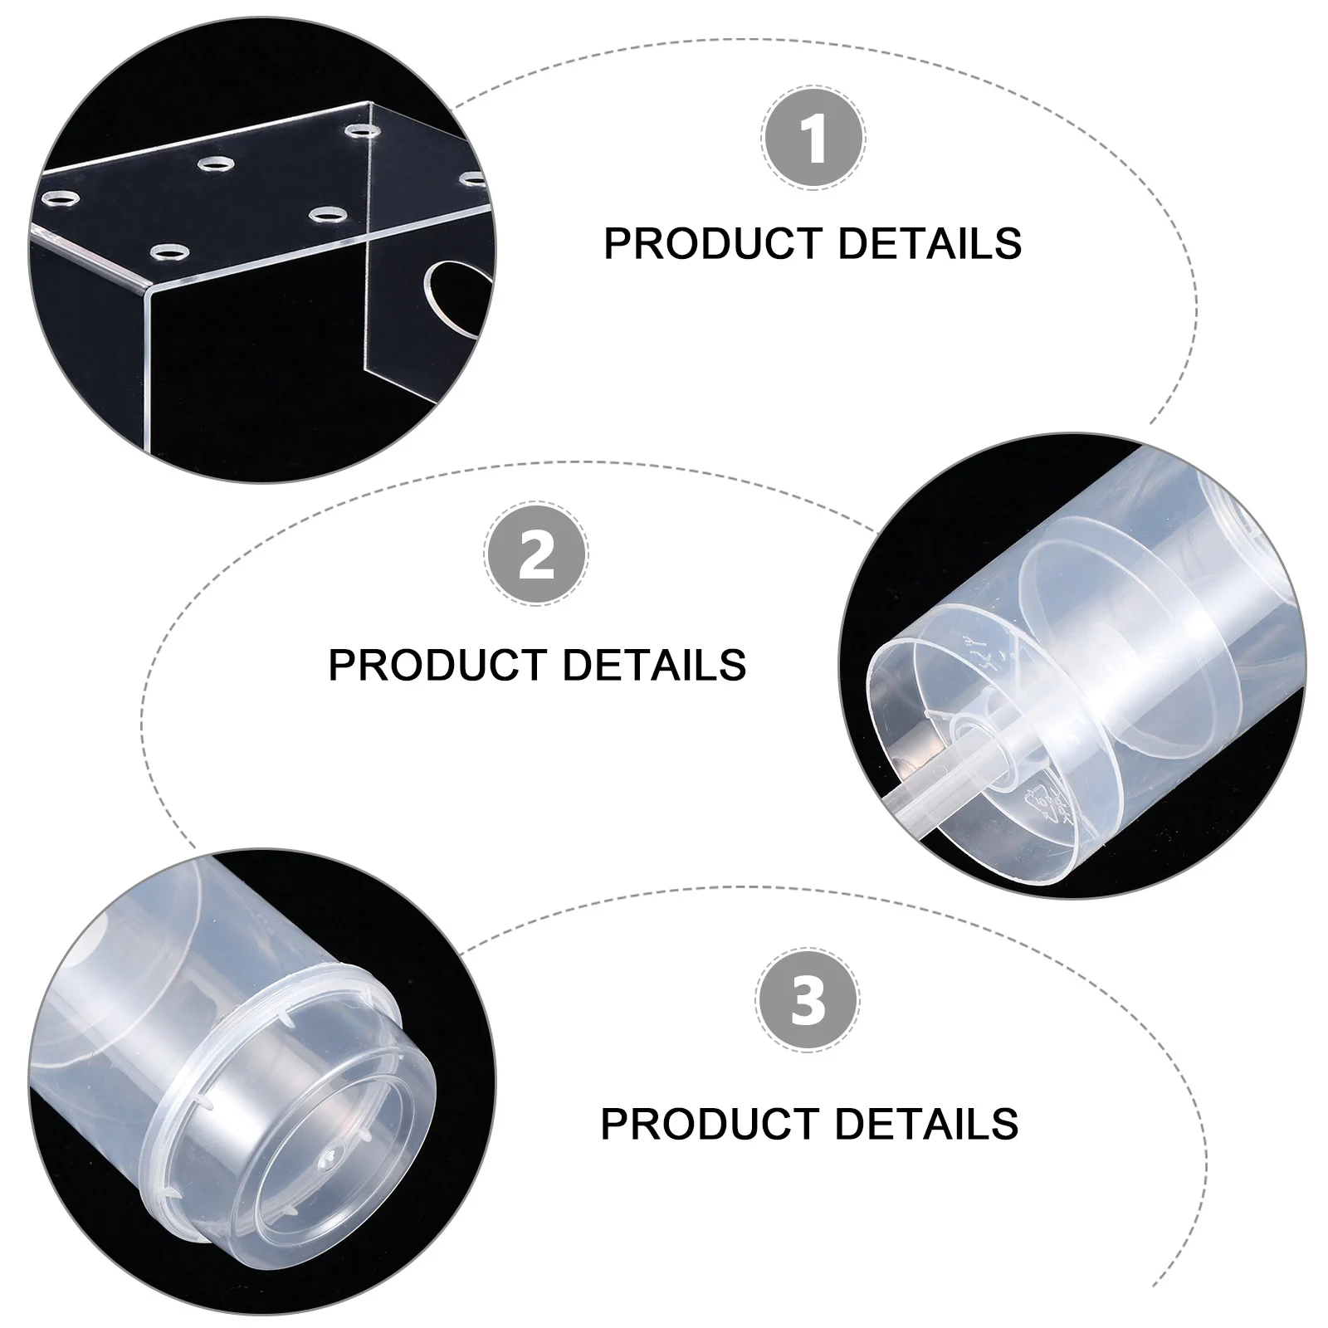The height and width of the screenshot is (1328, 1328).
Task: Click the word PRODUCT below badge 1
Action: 713,243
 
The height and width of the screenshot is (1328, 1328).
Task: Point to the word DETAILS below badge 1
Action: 930,243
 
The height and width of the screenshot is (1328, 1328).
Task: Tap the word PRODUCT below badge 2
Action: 437,665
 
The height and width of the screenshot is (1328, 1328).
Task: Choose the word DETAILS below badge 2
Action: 655,665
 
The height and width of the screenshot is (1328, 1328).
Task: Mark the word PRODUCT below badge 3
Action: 710,1123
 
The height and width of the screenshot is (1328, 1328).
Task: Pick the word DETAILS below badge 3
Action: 927,1123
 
